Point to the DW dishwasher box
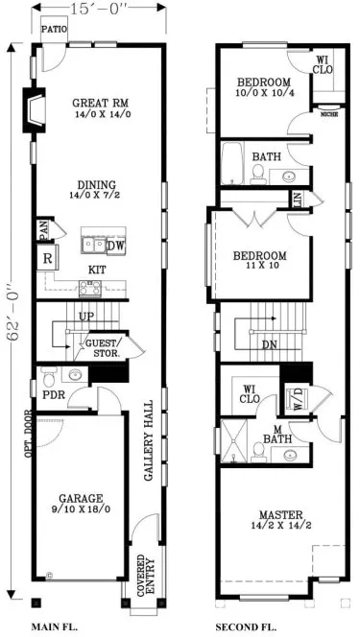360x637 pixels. [116, 245]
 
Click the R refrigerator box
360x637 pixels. [46, 259]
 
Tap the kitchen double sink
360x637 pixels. [93, 243]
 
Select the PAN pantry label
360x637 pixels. [43, 229]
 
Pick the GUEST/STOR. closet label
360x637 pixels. [103, 347]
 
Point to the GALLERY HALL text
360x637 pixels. [149, 441]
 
